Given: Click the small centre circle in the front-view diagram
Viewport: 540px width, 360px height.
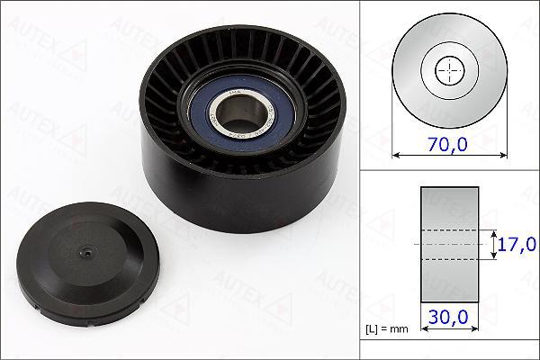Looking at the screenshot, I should click(x=447, y=70).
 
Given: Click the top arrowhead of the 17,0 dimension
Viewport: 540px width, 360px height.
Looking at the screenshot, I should click(x=494, y=230).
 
